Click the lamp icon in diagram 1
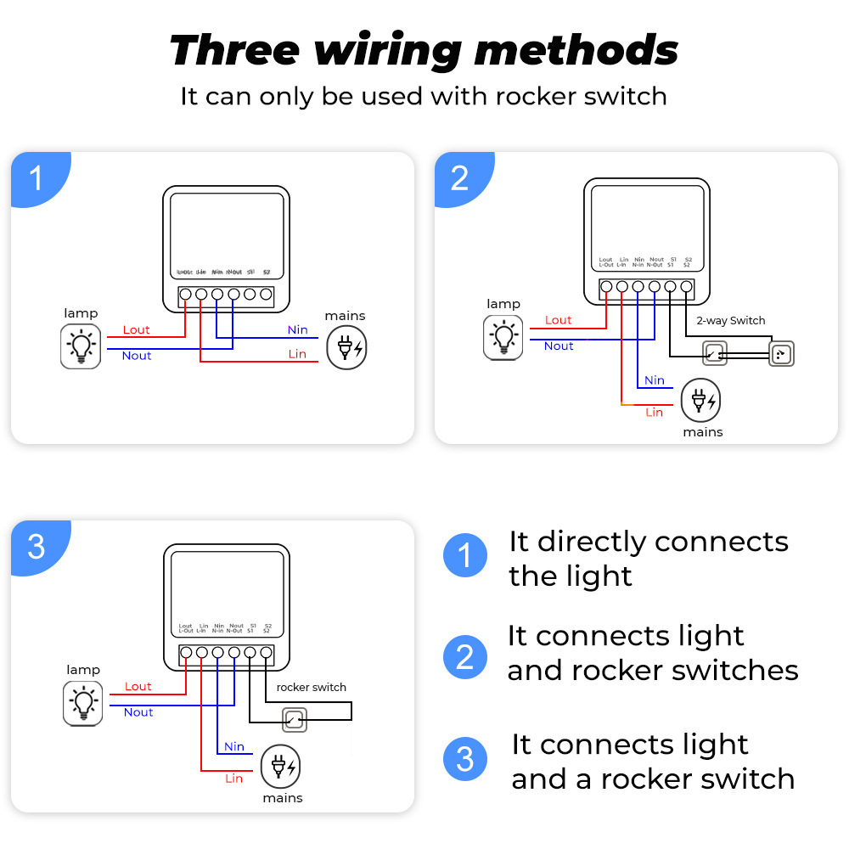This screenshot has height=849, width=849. point(81,346)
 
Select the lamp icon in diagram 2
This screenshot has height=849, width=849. point(503,336)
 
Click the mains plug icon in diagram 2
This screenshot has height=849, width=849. point(702,399)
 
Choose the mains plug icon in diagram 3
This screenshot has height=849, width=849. point(281,766)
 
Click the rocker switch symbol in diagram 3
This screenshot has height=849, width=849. point(294,721)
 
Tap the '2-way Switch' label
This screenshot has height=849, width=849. point(730,321)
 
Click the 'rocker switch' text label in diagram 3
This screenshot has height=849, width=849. point(311,687)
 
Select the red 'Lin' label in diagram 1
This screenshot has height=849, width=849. point(297,354)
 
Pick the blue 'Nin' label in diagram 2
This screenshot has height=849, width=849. point(654,380)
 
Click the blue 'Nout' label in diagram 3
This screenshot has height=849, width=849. point(138,712)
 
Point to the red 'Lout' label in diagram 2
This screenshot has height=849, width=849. point(558,320)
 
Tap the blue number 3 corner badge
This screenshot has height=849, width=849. point(36,547)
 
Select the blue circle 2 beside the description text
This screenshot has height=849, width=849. point(465,656)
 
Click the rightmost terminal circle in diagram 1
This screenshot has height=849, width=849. point(266,295)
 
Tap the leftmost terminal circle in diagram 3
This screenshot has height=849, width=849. point(186,653)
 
